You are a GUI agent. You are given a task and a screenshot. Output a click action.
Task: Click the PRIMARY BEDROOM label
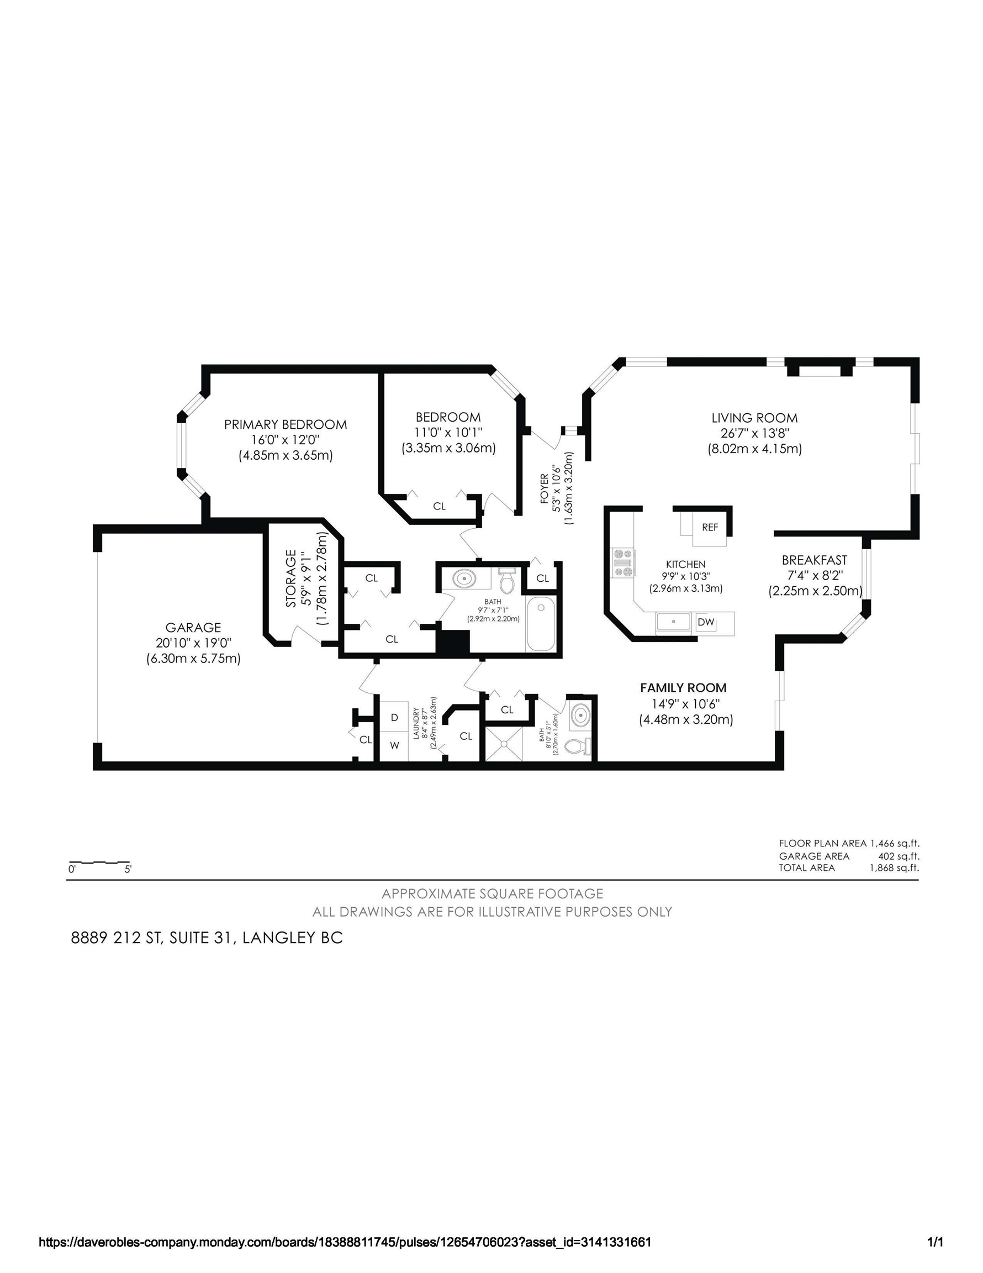click(x=286, y=424)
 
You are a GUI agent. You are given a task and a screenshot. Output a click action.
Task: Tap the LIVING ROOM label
click(x=754, y=418)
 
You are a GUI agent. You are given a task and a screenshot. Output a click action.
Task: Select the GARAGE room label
click(x=193, y=627)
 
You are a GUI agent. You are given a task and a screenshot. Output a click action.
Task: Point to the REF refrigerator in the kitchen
click(x=710, y=528)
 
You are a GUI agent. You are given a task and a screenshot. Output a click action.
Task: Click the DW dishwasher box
click(x=706, y=622)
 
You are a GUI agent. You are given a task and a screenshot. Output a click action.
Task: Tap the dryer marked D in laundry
click(x=394, y=718)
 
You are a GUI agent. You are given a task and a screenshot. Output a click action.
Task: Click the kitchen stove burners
click(x=623, y=562)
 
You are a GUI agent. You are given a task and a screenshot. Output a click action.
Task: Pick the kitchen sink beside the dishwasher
click(x=673, y=622)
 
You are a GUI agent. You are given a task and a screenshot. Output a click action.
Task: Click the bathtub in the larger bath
click(x=541, y=623)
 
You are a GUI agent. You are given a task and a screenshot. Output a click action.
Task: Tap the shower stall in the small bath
click(x=504, y=743)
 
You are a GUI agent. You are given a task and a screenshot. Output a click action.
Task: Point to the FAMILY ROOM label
click(x=683, y=688)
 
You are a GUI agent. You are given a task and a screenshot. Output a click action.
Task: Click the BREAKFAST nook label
click(x=814, y=560)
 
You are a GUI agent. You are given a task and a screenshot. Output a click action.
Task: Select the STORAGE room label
click(x=292, y=579)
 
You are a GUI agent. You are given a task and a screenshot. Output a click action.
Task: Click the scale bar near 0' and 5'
click(x=99, y=861)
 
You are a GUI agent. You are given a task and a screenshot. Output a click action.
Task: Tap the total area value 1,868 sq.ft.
click(x=895, y=868)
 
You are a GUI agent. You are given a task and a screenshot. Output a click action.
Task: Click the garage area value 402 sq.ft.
click(x=899, y=856)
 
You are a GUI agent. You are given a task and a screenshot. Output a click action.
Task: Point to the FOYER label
click(x=544, y=488)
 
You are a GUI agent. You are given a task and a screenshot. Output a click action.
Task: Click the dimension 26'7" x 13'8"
click(x=754, y=434)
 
